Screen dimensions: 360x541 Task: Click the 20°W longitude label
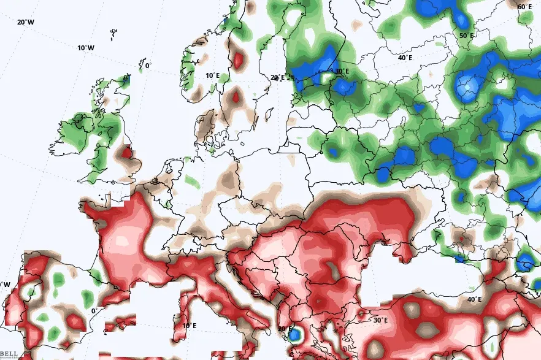25,22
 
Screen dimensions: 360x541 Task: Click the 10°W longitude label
86,48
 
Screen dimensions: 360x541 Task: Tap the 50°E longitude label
467,36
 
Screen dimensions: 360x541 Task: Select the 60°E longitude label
524,7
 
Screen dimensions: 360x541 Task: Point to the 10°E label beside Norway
212,75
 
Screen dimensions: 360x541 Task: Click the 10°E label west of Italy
189,326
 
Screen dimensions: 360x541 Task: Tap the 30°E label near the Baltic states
341,72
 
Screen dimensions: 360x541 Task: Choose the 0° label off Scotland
147,66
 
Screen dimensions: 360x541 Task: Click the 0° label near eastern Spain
95,310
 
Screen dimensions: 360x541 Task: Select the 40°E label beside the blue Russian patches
405,58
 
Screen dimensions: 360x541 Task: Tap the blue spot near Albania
295,335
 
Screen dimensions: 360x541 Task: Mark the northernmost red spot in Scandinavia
238,60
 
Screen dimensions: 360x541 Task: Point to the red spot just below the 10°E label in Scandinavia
236,97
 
